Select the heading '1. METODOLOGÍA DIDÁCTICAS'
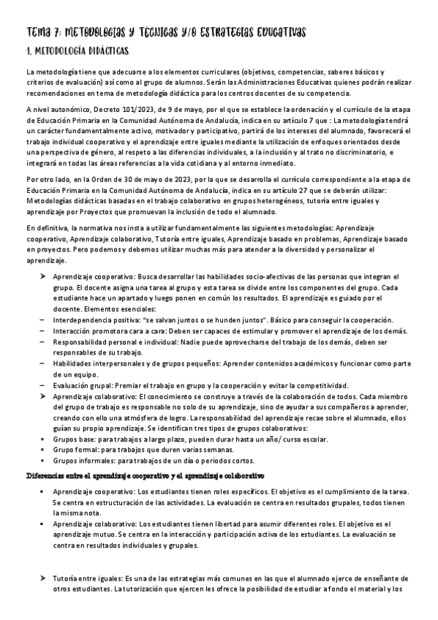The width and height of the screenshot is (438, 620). click(x=77, y=51)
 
